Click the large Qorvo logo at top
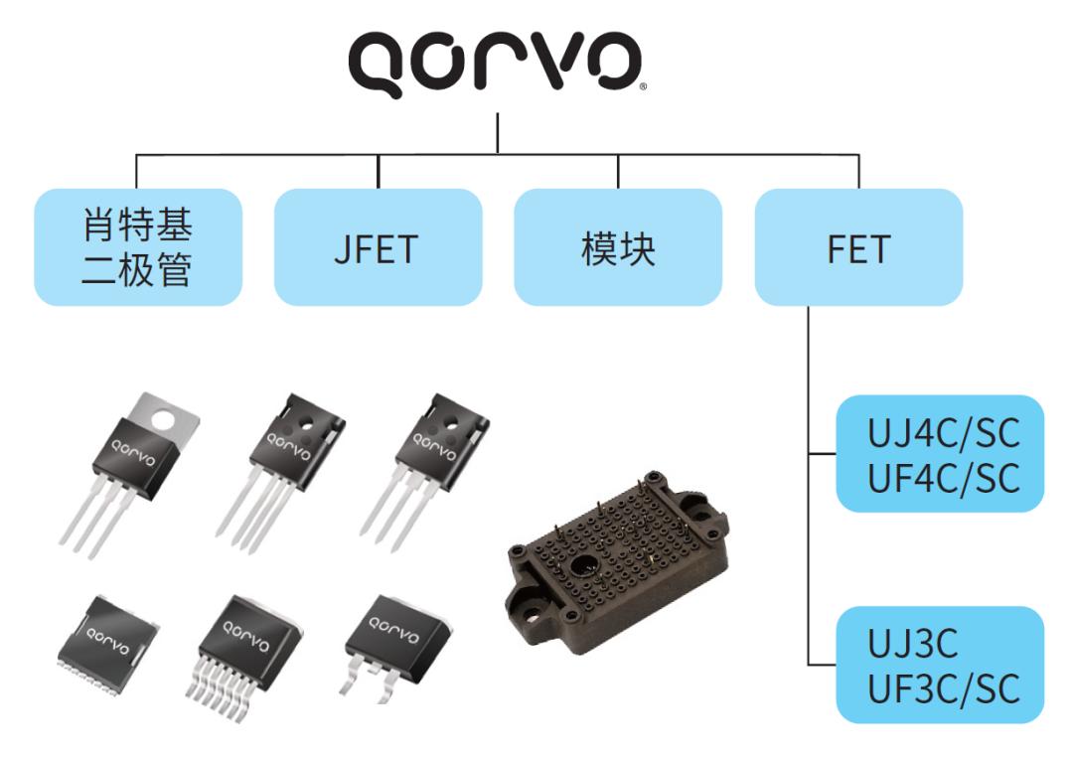[x=495, y=63]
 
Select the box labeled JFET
[x=379, y=247]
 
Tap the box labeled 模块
[x=618, y=247]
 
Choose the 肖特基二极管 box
[x=138, y=247]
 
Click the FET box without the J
[x=858, y=247]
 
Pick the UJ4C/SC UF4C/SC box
[x=940, y=453]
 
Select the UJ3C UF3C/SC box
[x=940, y=665]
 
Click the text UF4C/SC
[x=944, y=478]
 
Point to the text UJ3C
[x=912, y=644]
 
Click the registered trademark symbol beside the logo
[x=642, y=86]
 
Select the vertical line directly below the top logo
[x=498, y=133]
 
